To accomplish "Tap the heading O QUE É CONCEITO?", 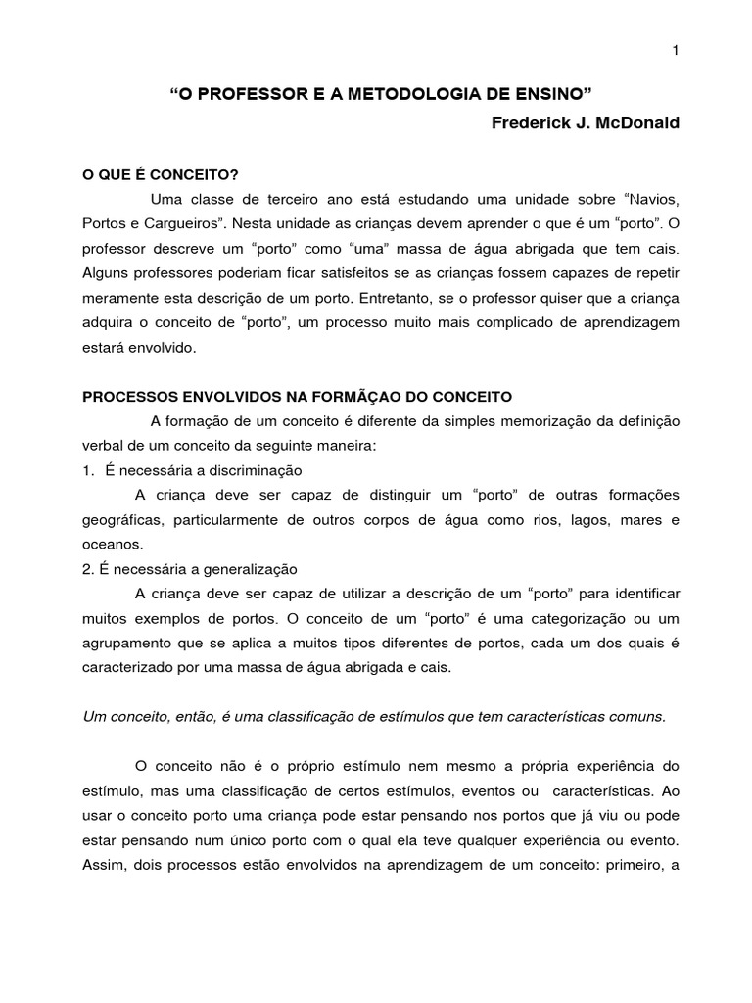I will coord(161,174).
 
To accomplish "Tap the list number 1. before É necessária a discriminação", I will coord(88,470).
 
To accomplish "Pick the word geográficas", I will coord(121,519).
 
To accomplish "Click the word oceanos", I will coord(112,544).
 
